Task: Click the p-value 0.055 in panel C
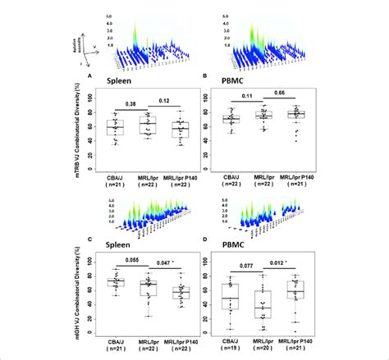[131, 261]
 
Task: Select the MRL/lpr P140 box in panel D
[300, 289]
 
